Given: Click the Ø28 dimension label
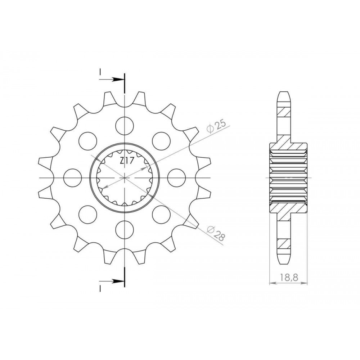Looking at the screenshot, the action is (216, 233).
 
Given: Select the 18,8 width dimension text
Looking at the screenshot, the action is (289, 277).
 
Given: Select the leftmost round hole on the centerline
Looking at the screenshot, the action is (73, 178).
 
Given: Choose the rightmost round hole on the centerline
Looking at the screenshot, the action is (176, 178).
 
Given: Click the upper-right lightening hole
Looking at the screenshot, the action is (161, 141).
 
